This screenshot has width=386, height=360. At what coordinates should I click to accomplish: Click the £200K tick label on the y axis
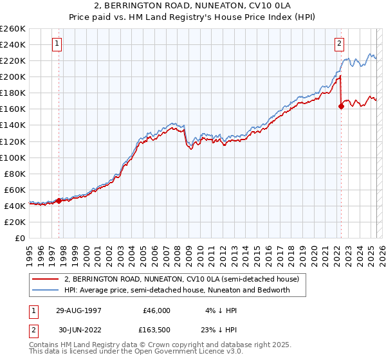point(12,76)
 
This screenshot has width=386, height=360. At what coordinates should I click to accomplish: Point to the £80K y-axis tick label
point(14,174)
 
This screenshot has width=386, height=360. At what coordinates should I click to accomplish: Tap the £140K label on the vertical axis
point(12,125)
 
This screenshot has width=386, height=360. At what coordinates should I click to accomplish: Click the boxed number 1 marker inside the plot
point(57,44)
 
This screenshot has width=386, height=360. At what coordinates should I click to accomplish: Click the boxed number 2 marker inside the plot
point(339,44)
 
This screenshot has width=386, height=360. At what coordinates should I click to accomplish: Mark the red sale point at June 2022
point(341,106)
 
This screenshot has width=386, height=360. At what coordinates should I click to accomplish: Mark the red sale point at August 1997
point(59,201)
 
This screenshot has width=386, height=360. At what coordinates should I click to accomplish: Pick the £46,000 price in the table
point(157,310)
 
